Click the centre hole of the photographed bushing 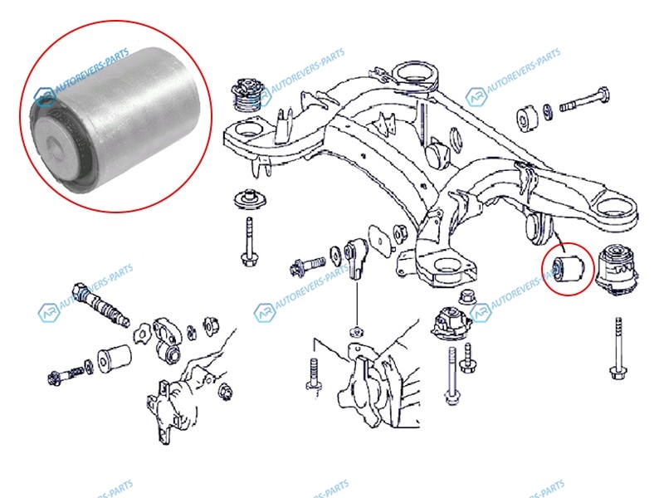[x=54, y=149]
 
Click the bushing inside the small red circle [x=569, y=267]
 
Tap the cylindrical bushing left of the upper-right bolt [x=527, y=115]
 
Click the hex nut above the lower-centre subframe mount [x=467, y=296]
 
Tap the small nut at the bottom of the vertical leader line [x=358, y=331]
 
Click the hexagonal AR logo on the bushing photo [x=44, y=97]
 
